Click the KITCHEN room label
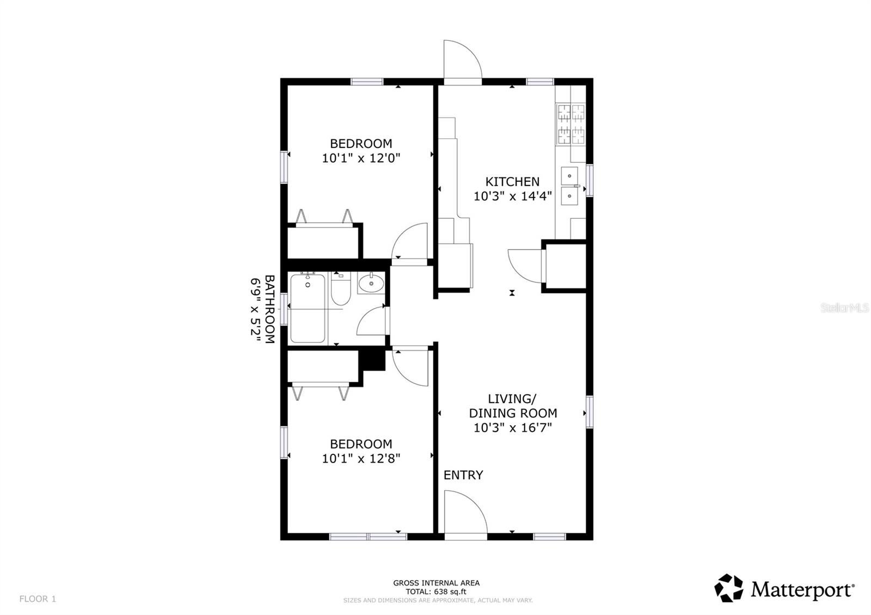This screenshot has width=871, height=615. pyautogui.click(x=512, y=182)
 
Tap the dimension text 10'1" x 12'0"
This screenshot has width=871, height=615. pyautogui.click(x=361, y=158)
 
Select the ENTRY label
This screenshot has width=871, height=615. pyautogui.click(x=463, y=475)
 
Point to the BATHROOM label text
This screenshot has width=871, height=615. pyautogui.click(x=269, y=309)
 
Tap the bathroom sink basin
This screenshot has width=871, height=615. pyautogui.click(x=371, y=283)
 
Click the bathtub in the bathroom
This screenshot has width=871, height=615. pyautogui.click(x=308, y=309)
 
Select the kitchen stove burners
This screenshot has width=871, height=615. pyautogui.click(x=571, y=124)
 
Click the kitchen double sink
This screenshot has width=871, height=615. pyautogui.click(x=569, y=186)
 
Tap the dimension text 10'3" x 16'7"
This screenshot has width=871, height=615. pyautogui.click(x=512, y=428)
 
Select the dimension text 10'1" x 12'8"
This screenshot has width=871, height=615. pyautogui.click(x=361, y=459)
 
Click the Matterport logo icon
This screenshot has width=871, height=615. pyautogui.click(x=728, y=588)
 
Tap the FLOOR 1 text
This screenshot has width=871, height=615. pyautogui.click(x=38, y=599)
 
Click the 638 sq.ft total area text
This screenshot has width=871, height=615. pyautogui.click(x=436, y=592)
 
